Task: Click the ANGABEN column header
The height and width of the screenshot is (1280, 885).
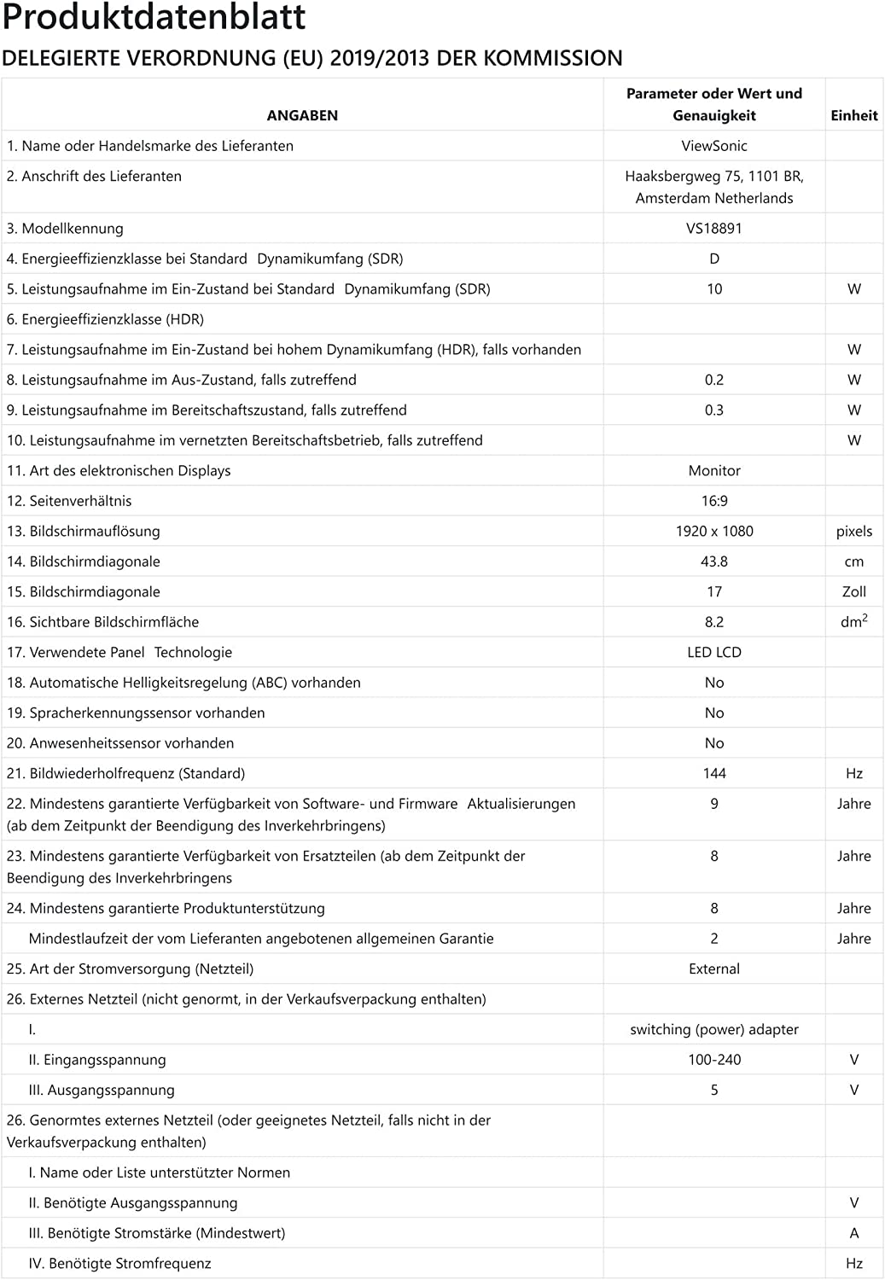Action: (302, 115)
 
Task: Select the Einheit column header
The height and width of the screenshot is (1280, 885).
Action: (853, 115)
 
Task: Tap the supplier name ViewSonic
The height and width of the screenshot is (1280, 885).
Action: (714, 146)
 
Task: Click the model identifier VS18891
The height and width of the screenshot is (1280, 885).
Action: (714, 229)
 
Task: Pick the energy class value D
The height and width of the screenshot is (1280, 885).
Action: (714, 259)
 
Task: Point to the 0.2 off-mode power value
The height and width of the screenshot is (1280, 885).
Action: (714, 380)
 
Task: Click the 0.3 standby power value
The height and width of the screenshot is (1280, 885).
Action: (714, 410)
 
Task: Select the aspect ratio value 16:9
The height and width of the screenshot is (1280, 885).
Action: (714, 501)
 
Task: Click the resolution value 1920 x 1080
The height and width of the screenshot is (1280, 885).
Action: (714, 532)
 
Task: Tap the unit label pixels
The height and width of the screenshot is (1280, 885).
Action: (853, 532)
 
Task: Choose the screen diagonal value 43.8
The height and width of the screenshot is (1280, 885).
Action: (714, 561)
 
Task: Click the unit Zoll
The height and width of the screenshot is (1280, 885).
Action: (853, 592)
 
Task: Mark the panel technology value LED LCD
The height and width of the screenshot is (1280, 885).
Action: (714, 653)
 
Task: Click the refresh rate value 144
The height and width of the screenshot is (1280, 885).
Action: (714, 774)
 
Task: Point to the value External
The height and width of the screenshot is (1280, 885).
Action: (714, 969)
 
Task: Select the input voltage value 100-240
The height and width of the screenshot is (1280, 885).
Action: (714, 1060)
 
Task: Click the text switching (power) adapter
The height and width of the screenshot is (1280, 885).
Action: (714, 1030)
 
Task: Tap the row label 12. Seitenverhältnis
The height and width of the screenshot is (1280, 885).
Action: (69, 501)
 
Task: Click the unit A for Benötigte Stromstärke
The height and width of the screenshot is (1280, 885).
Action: (853, 1233)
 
